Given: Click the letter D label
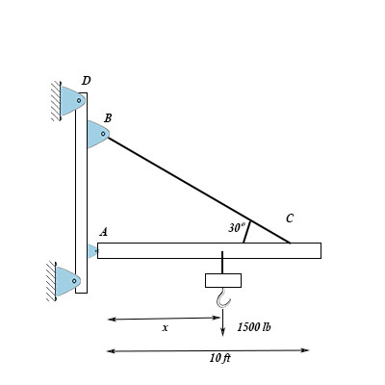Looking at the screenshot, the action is tap(86, 81).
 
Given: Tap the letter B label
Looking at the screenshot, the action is tap(108, 118).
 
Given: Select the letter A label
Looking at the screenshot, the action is tap(103, 232).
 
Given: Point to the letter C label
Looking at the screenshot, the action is tap(290, 218).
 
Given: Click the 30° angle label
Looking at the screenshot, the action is tap(237, 227).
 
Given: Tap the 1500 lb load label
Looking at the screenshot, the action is tap(254, 327).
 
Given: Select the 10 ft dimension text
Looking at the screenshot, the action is tap(220, 358).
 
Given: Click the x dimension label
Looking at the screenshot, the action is tap(165, 328).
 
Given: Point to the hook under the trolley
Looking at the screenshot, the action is tap(223, 298).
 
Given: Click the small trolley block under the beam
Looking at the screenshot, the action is tap(223, 280).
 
